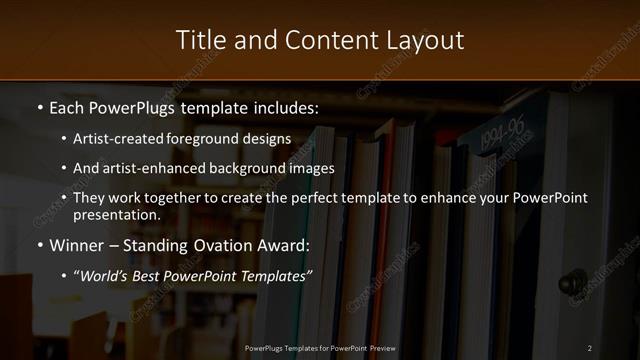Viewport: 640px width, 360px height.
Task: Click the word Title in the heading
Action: point(200,40)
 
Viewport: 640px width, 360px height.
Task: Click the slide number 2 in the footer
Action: point(590,347)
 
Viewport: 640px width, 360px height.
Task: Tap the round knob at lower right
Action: point(572,281)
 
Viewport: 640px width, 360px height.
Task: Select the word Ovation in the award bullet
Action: point(225,244)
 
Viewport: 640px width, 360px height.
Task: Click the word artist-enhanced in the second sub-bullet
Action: point(150,169)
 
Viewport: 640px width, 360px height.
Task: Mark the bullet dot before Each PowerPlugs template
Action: point(39,106)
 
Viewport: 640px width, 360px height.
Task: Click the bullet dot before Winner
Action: point(39,245)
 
